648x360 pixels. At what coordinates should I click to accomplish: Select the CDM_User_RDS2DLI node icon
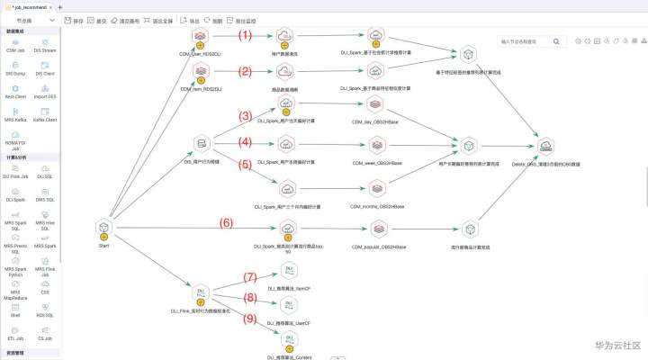coord(201,36)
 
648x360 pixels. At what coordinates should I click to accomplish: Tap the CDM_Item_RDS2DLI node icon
coord(201,73)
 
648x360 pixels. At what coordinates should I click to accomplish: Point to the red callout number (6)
coord(227,222)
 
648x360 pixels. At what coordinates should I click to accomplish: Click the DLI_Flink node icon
coord(199,293)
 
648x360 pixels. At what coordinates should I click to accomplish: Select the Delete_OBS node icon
coord(546,147)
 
